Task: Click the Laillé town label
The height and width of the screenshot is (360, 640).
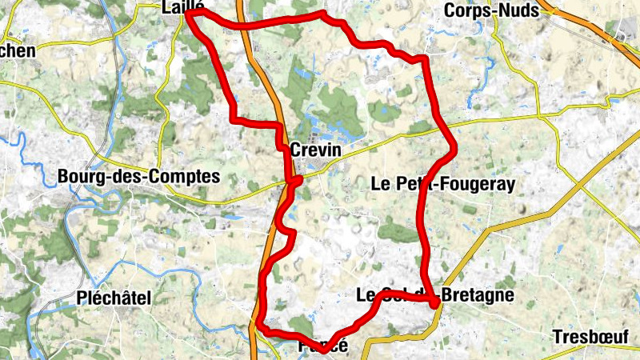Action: click(x=184, y=7)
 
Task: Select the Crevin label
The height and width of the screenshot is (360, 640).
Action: click(x=315, y=150)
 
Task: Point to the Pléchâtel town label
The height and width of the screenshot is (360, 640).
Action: click(x=114, y=298)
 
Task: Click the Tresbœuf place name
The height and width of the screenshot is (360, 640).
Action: click(x=592, y=337)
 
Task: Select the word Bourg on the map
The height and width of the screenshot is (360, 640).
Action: click(x=86, y=176)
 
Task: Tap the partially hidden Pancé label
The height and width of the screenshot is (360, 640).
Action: click(x=323, y=346)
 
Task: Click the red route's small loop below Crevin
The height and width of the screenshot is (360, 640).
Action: click(x=294, y=183)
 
